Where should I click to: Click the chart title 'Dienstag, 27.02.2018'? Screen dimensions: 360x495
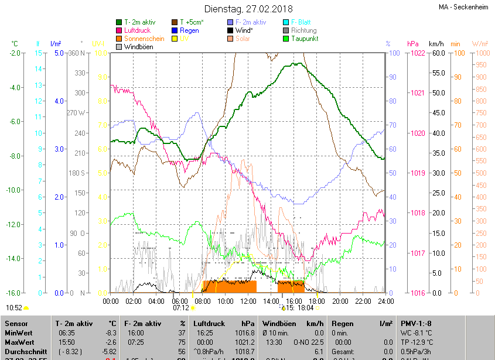click(x=248, y=9)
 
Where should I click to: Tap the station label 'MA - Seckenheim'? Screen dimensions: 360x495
click(x=463, y=7)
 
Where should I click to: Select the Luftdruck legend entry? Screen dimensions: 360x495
click(x=138, y=30)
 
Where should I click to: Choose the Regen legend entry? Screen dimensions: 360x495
click(x=189, y=30)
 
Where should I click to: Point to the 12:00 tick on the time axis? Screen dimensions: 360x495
click(x=248, y=301)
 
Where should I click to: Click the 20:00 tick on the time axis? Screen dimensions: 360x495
click(x=340, y=301)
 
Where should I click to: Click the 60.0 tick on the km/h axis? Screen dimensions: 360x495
click(x=437, y=53)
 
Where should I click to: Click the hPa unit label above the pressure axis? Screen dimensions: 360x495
click(x=412, y=44)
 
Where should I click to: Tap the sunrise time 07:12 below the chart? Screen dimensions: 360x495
click(x=180, y=308)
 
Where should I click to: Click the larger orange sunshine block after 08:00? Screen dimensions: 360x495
click(x=230, y=286)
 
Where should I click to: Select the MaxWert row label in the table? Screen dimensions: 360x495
click(x=20, y=341)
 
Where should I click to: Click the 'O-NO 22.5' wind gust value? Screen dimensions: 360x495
click(x=308, y=341)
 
